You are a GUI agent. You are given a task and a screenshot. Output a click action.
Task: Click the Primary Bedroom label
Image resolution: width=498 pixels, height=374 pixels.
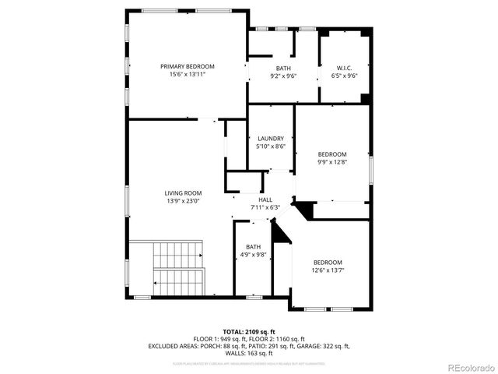[188, 66]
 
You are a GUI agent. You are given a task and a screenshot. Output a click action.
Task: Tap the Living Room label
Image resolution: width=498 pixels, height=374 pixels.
[183, 193]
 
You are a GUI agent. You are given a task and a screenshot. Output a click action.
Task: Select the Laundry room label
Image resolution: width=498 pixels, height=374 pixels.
[271, 138]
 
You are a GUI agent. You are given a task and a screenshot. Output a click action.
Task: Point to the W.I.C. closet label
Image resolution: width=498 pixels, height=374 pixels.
[345, 67]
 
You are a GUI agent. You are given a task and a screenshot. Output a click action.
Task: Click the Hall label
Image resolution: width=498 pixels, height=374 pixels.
[265, 199]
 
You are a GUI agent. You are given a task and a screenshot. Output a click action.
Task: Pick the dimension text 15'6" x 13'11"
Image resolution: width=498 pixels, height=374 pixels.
[188, 75]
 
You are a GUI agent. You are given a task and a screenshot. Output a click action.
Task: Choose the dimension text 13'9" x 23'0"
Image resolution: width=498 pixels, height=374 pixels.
[183, 201]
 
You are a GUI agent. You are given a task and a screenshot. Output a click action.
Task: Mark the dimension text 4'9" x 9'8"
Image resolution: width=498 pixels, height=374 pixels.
[254, 255]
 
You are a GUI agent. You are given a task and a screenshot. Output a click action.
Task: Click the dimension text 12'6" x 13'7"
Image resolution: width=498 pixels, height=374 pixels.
[328, 270]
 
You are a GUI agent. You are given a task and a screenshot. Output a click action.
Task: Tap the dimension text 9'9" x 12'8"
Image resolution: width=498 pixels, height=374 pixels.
[332, 162]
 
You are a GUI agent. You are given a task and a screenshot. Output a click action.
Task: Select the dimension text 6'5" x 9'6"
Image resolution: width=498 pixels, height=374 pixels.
[345, 76]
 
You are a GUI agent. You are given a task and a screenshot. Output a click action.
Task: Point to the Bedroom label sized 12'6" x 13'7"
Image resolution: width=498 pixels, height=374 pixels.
[328, 262]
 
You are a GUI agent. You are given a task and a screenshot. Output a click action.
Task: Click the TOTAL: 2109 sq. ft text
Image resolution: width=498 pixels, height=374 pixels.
[249, 332]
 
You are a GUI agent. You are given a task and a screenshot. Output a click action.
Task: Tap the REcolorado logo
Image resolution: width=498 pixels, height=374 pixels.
[466, 367]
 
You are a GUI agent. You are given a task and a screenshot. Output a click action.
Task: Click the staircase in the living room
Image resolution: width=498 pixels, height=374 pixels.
[178, 266]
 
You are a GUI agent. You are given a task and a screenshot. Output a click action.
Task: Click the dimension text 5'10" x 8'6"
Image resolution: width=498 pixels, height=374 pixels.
[271, 146]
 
